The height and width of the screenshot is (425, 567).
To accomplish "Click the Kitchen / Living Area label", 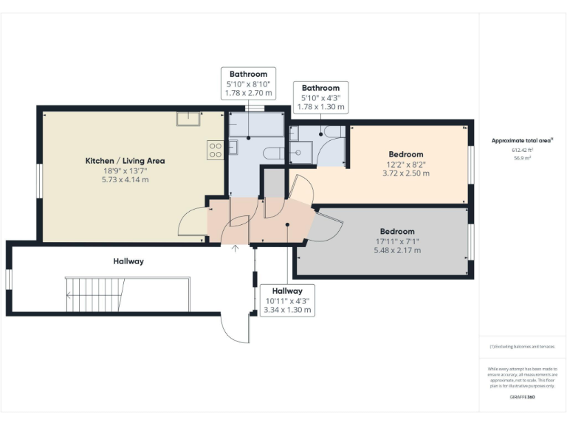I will click(x=125, y=160).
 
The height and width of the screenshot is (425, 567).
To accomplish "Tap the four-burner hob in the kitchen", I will click(x=216, y=151).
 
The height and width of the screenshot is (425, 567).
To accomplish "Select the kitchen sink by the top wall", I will click(x=188, y=119).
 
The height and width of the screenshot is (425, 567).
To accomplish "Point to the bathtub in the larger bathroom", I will click(x=255, y=125).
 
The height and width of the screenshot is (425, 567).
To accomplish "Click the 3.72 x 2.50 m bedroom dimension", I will click(x=405, y=173).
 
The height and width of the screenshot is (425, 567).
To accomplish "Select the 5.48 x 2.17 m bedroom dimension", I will click(x=397, y=250).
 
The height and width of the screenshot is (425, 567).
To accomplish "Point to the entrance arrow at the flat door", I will click(x=236, y=248).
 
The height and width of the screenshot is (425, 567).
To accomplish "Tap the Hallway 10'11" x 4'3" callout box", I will click(x=288, y=300).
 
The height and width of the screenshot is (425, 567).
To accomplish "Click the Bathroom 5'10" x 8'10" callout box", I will click(x=248, y=83).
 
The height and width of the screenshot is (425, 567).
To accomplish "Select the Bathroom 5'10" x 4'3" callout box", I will click(x=320, y=97).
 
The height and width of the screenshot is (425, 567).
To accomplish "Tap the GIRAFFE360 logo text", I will click(x=522, y=397).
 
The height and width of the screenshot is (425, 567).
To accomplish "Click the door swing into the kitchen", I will click(x=193, y=222).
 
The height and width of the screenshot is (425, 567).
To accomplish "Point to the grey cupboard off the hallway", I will click(x=275, y=183).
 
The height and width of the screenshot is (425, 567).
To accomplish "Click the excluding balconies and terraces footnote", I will click(x=522, y=347).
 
